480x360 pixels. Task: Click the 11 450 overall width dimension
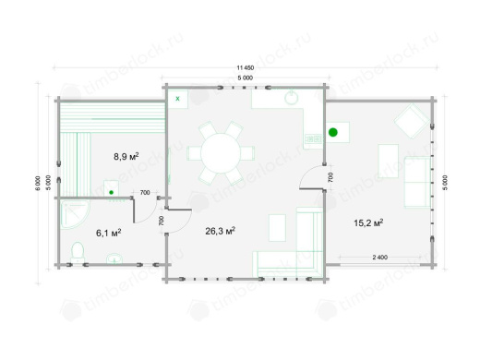pos(246,67)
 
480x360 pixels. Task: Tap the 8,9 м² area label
pos(126,156)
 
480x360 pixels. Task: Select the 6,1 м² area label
pos(108,233)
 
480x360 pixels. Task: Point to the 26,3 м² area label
pos(221,231)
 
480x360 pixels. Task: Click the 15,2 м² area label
pos(368,222)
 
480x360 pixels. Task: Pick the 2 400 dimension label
pos(380,258)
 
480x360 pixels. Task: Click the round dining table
pos(221,153)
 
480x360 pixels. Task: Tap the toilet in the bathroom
pos(78,252)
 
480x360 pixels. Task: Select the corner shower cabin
pos(75,214)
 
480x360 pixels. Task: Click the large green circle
pos(333,132)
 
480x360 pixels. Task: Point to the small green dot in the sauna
pos(112,192)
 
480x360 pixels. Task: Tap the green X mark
pos(177,99)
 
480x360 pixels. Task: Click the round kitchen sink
pos(292,98)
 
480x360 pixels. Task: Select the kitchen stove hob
pos(313,139)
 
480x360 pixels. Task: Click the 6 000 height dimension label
pos(38,183)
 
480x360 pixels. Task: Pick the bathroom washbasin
pos(114,258)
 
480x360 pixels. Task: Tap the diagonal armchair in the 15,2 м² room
pos(412,121)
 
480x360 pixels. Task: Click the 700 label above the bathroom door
pos(145,193)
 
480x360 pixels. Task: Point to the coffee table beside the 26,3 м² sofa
pos(277,228)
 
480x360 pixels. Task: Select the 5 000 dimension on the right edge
pos(446,183)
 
